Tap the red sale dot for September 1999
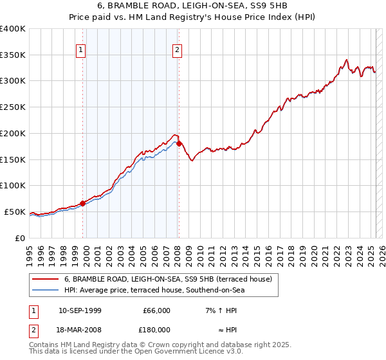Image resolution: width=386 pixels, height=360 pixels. click(83, 203)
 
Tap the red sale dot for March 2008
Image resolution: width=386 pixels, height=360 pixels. click(179, 143)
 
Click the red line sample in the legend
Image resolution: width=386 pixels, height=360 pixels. click(46, 280)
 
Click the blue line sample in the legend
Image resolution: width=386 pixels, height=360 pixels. click(46, 291)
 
